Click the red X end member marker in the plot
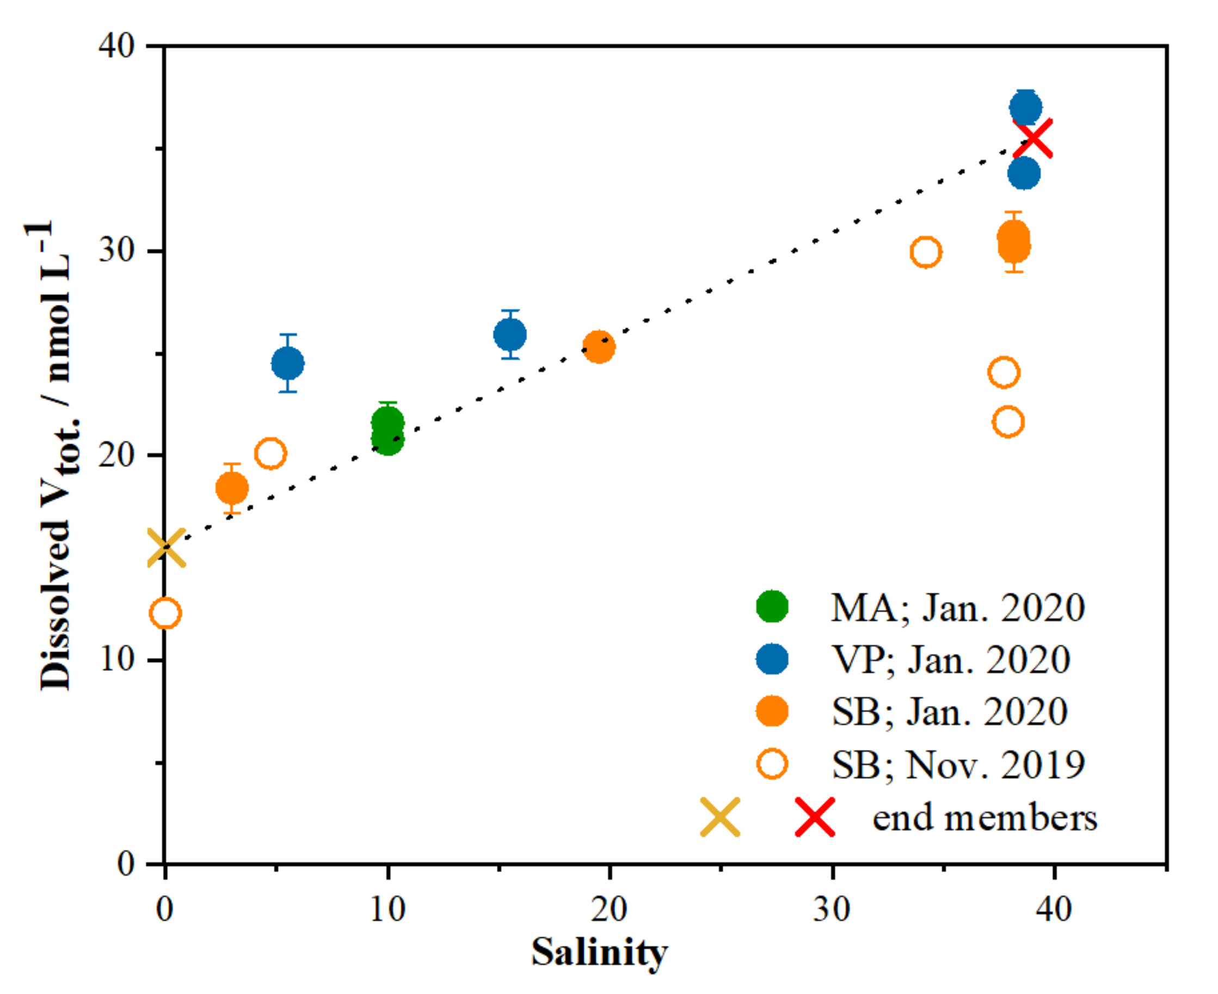[x=1032, y=138]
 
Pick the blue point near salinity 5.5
[x=288, y=363]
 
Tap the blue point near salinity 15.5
[x=510, y=334]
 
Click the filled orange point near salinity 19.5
[x=599, y=346]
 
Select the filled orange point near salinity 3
[x=232, y=488]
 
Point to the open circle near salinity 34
[x=926, y=251]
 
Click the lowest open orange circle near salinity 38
[x=1008, y=422]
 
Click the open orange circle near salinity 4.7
[x=270, y=453]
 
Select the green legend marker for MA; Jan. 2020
[x=772, y=606]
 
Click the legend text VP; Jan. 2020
[x=951, y=659]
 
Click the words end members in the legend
[x=985, y=818]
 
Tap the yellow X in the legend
[x=720, y=817]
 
